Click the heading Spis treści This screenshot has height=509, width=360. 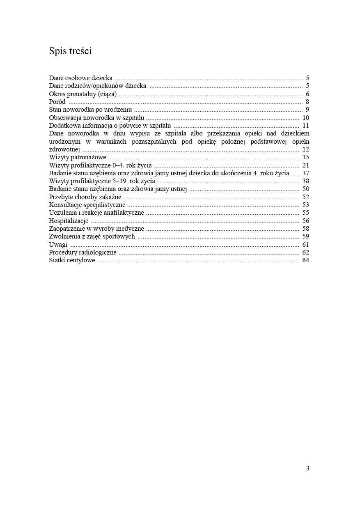pyautogui.click(x=70, y=51)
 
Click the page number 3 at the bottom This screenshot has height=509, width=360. pyautogui.click(x=307, y=468)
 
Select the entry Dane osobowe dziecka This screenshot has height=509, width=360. pyautogui.click(x=81, y=78)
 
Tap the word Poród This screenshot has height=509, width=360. pyautogui.click(x=57, y=102)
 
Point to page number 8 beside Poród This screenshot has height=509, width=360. pyautogui.click(x=307, y=102)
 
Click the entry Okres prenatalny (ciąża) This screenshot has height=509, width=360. pyautogui.click(x=83, y=94)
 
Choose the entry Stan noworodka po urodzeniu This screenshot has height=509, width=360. pyautogui.click(x=90, y=110)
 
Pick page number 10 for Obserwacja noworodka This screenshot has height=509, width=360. pyautogui.click(x=305, y=118)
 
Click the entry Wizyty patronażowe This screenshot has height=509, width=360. pyautogui.click(x=78, y=157)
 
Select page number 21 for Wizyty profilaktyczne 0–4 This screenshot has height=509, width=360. pyautogui.click(x=305, y=165)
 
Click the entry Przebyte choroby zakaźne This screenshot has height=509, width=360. pyautogui.click(x=85, y=197)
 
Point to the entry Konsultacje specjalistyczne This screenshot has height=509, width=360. pyautogui.click(x=87, y=205)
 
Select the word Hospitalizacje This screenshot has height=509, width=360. pyautogui.click(x=69, y=221)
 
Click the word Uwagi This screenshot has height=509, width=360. pyautogui.click(x=58, y=245)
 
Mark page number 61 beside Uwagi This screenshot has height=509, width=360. pyautogui.click(x=305, y=245)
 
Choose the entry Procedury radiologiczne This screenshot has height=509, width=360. pyautogui.click(x=83, y=252)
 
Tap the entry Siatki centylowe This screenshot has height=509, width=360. pyautogui.click(x=72, y=260)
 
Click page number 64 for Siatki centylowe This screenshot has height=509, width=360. pyautogui.click(x=305, y=260)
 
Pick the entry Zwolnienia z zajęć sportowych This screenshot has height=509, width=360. pyautogui.click(x=92, y=236)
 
